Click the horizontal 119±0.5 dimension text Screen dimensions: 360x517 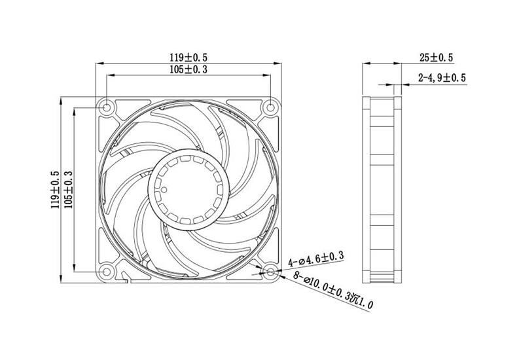(x=188, y=58)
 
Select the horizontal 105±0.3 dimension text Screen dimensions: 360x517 (x=188, y=69)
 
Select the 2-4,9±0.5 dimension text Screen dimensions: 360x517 (x=442, y=79)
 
